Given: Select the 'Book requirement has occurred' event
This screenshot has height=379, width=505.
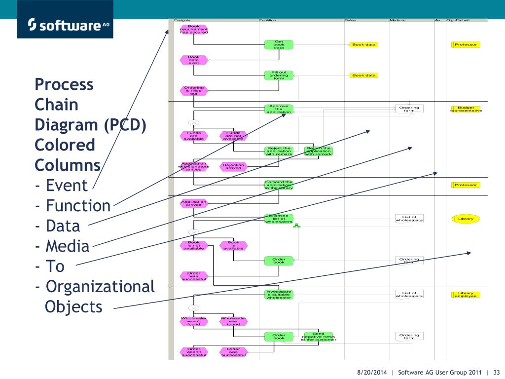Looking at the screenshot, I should tap(194, 30).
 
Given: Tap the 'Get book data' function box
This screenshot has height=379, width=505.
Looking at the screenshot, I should tap(279, 45).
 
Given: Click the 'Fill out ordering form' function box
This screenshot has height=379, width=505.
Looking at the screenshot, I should tap(279, 76).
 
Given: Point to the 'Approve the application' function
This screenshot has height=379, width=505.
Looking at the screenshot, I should tap(279, 109).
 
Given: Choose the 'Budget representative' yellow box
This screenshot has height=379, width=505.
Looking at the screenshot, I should tap(466, 109).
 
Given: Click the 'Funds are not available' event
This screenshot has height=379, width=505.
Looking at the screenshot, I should tap(233, 136).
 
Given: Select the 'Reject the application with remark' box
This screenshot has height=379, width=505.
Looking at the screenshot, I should tap(279, 151).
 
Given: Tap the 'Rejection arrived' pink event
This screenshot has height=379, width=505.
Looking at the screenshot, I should tap(233, 166).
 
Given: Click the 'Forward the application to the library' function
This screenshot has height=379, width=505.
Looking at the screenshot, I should tap(279, 185).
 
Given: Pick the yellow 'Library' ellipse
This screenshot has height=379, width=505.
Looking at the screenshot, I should tap(466, 219).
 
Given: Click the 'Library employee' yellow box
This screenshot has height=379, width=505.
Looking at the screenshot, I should tap(466, 295).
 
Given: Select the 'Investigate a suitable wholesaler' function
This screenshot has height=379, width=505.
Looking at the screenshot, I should tap(279, 295).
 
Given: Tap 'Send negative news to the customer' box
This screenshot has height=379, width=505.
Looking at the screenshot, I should tap(318, 337).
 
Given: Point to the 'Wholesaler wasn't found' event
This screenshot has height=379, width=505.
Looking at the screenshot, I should tap(194, 321).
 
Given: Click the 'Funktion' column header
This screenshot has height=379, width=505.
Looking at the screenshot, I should tap(267, 20).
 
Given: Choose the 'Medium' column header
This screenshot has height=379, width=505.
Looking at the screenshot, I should tap(397, 20).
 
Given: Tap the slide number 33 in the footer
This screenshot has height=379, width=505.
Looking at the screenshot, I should tap(496, 372).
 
